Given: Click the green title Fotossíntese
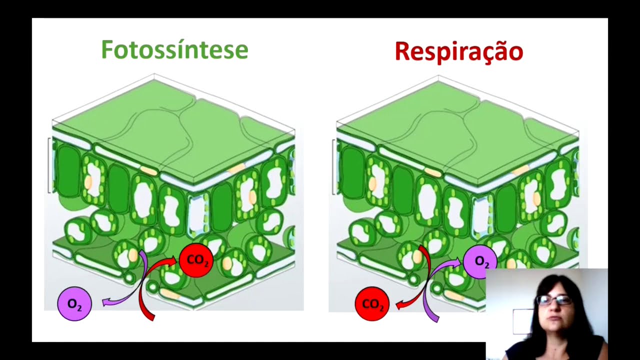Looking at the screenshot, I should (x=174, y=50).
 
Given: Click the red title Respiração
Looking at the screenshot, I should (x=458, y=51).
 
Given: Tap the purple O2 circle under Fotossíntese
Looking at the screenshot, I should (x=74, y=304).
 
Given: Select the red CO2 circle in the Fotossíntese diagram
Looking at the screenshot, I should (x=196, y=260).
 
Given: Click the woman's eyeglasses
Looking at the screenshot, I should (x=554, y=300).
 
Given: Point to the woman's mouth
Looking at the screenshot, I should (x=552, y=318).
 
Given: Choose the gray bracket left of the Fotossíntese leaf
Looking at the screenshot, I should (x=49, y=165).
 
